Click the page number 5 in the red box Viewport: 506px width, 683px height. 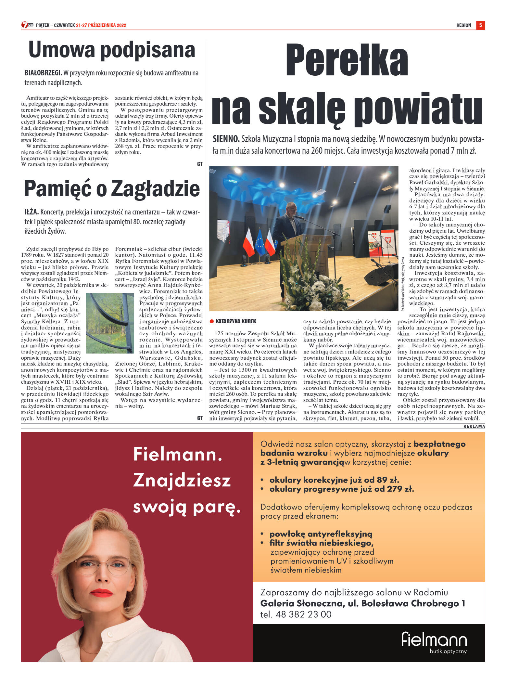pos(480,25)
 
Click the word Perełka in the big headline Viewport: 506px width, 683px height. pos(347,60)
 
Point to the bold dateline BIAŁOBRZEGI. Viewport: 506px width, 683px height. pos(43,73)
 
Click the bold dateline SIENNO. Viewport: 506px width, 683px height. pos(226,139)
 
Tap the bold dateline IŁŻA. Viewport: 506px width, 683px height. pos(32,212)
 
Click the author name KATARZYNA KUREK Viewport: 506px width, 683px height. pos(236,321)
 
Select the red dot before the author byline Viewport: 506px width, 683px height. pos(212,321)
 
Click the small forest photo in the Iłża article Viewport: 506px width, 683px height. pos(110,323)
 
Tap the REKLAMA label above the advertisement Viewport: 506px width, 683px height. pos(474,426)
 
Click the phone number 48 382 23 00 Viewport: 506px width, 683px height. pos(303,614)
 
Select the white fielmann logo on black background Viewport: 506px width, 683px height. pos(434,639)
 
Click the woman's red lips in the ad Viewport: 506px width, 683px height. pos(101,593)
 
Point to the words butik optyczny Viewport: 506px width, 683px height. pos(448,651)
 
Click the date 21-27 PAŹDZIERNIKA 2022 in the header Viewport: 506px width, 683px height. pos(101,25)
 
